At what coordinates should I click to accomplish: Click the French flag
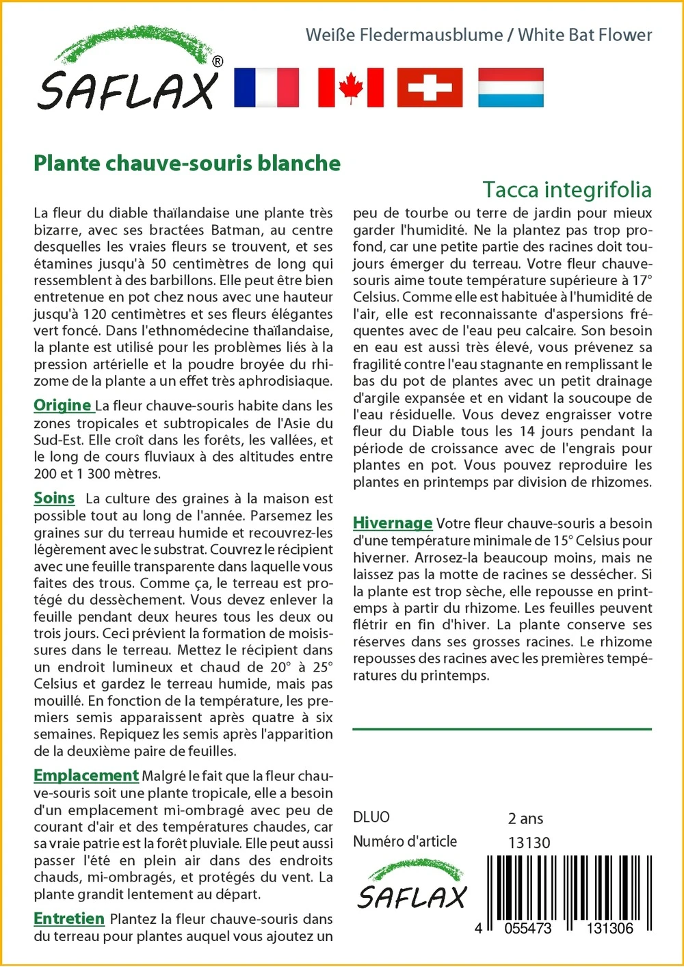click(x=266, y=88)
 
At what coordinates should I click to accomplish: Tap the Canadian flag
click(x=351, y=88)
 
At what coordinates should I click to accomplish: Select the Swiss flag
click(x=430, y=88)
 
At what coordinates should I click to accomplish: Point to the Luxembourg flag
click(x=510, y=88)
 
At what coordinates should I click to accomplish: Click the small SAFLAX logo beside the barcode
click(x=412, y=887)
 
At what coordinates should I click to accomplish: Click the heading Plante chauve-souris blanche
click(x=187, y=163)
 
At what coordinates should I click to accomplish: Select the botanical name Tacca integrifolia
click(x=566, y=189)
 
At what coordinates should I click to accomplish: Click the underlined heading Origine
click(x=63, y=406)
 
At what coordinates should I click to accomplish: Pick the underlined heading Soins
click(x=54, y=499)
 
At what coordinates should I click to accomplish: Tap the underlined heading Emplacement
click(x=86, y=776)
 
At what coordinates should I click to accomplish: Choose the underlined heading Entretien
click(x=69, y=919)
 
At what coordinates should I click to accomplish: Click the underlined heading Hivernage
click(x=393, y=524)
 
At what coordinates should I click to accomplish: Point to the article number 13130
click(x=529, y=843)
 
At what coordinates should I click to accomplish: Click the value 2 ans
click(x=525, y=819)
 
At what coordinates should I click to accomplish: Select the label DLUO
click(x=371, y=817)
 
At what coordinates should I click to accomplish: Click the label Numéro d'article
click(x=405, y=842)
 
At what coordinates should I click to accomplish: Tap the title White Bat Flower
click(x=585, y=35)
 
